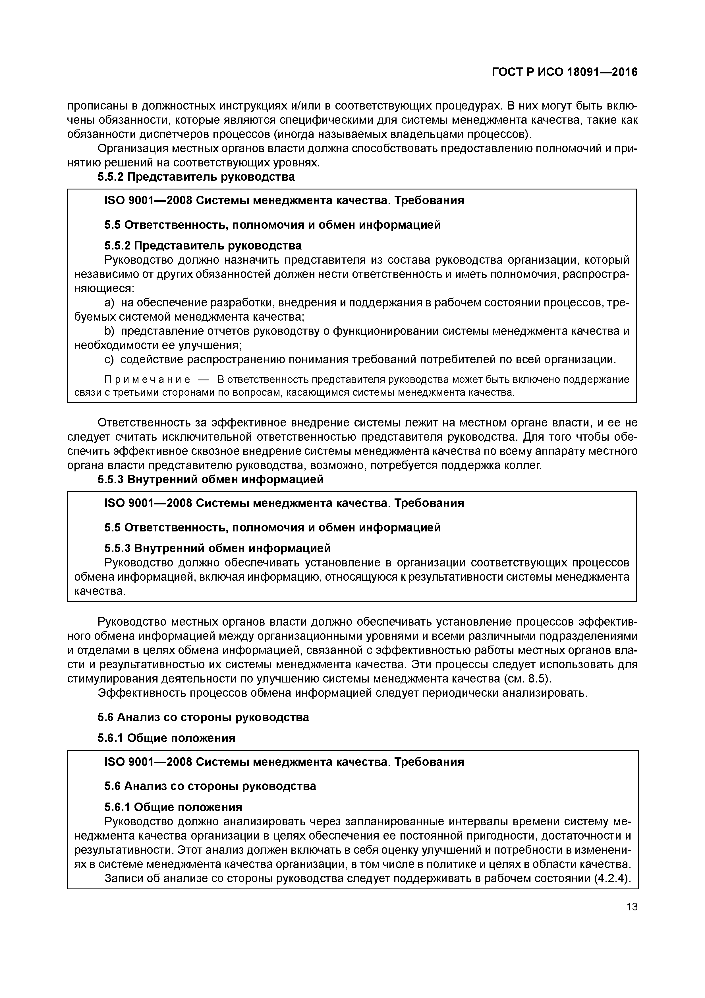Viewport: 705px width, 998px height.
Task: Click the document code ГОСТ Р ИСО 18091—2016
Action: [x=564, y=72]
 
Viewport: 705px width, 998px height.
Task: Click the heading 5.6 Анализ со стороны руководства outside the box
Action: [x=203, y=717]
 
